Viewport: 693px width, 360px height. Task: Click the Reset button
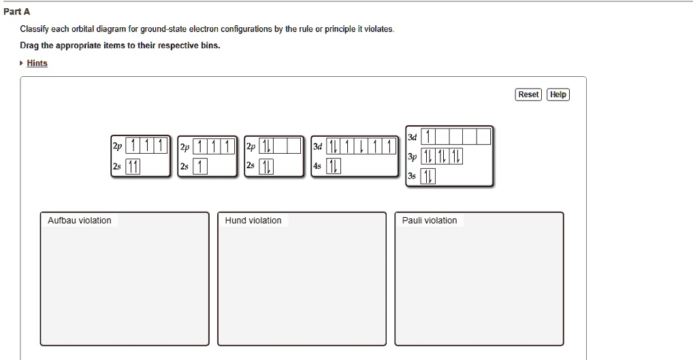click(x=528, y=95)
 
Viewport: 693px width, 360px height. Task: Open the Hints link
click(x=37, y=63)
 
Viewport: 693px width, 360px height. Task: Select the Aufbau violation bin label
click(x=80, y=220)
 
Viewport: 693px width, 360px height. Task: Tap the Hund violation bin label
click(x=253, y=220)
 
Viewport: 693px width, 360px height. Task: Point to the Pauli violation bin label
click(x=430, y=220)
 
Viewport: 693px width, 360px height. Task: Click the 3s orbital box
click(x=427, y=176)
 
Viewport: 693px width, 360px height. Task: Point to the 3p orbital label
click(x=411, y=157)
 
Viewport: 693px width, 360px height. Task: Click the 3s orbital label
click(x=411, y=176)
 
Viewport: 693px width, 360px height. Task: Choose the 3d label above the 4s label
click(x=317, y=146)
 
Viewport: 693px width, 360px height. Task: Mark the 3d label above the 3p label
click(x=411, y=137)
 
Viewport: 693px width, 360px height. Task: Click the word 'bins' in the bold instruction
click(x=209, y=46)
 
